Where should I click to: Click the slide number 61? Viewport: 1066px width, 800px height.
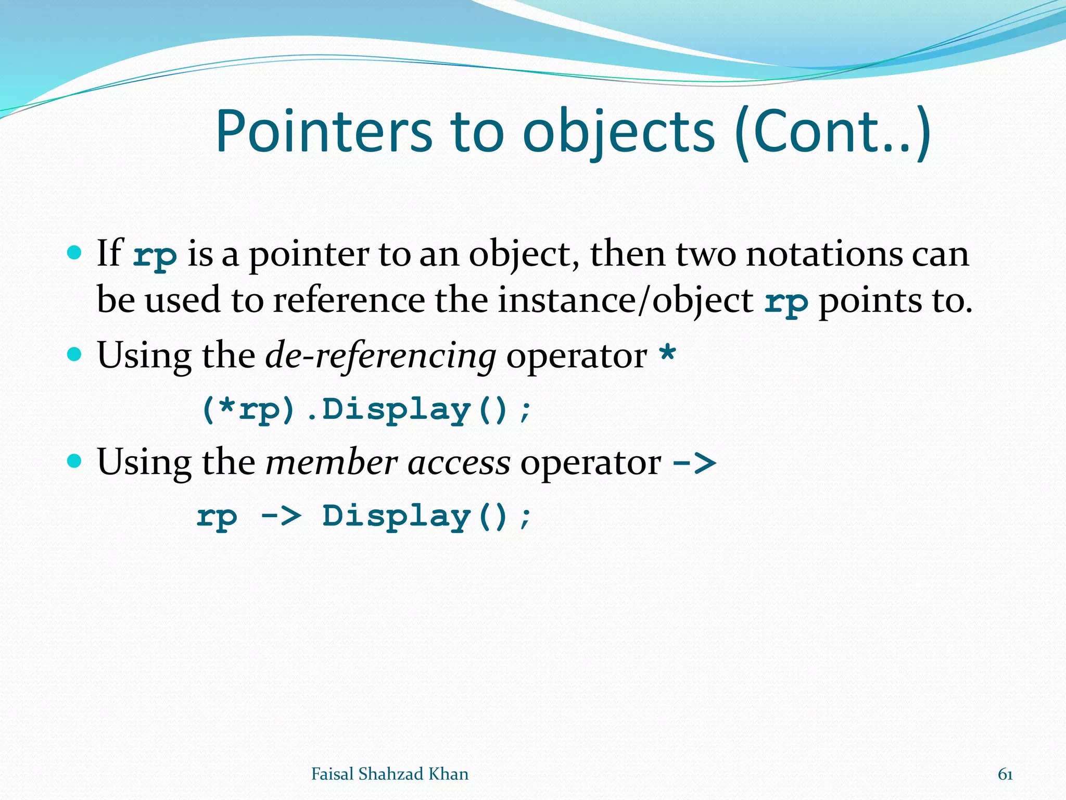pyautogui.click(x=1005, y=774)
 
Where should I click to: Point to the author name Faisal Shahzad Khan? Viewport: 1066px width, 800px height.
pyautogui.click(x=389, y=774)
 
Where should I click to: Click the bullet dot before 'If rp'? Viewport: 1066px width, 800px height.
pyautogui.click(x=75, y=253)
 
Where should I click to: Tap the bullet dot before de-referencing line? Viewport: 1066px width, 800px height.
pyautogui.click(x=75, y=355)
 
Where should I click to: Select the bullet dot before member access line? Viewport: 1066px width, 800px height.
pyautogui.click(x=75, y=461)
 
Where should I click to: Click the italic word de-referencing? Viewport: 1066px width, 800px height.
pyautogui.click(x=380, y=356)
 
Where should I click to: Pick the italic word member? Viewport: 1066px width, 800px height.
pyautogui.click(x=332, y=463)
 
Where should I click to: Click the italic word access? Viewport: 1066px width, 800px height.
pyautogui.click(x=459, y=463)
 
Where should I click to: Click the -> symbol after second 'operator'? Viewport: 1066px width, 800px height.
pyautogui.click(x=694, y=463)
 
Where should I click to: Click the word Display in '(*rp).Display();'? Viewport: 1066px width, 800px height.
pyautogui.click(x=396, y=410)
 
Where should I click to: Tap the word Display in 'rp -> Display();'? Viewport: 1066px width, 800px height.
pyautogui.click(x=396, y=516)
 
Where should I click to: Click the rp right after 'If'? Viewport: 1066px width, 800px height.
pyautogui.click(x=155, y=256)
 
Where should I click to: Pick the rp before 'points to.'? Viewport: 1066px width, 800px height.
pyautogui.click(x=786, y=303)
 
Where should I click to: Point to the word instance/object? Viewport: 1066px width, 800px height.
pyautogui.click(x=625, y=301)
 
